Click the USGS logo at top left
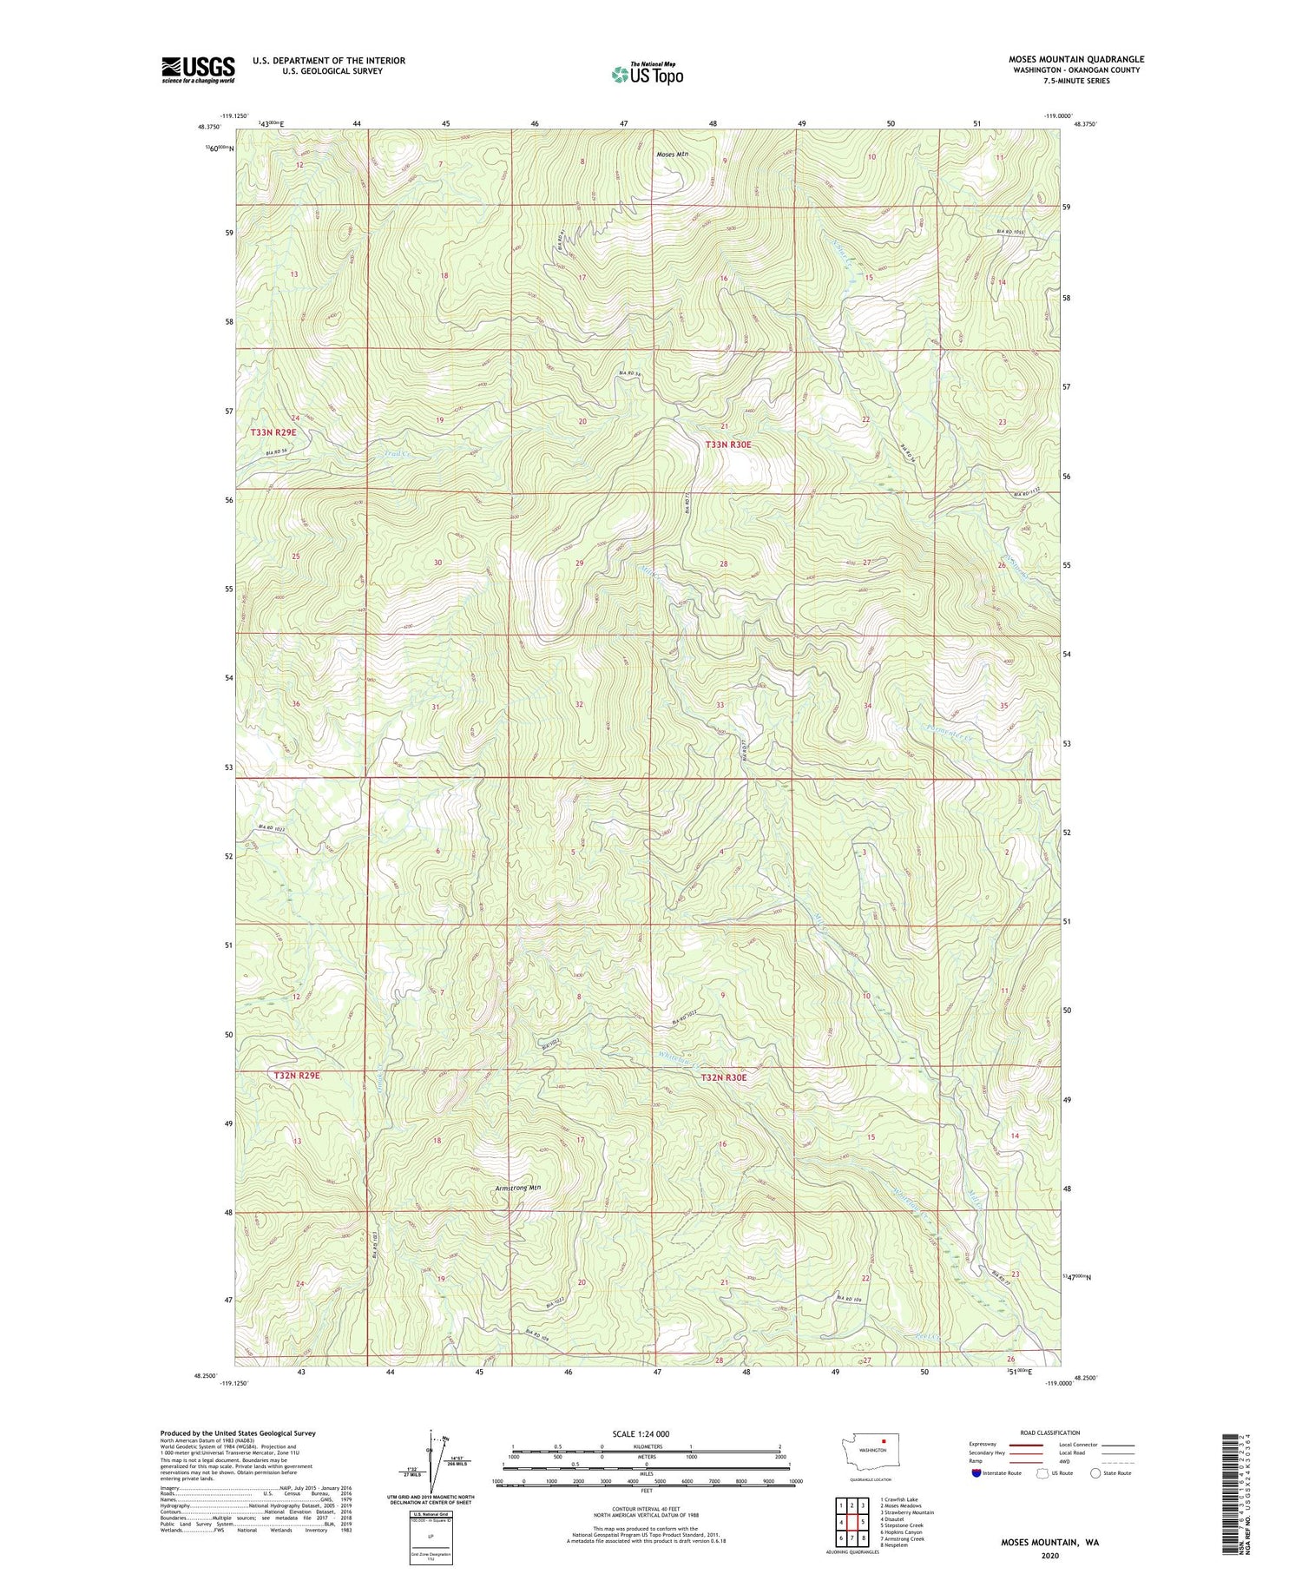tap(198, 69)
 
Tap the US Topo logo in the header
tap(647, 74)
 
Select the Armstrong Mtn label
tap(517, 1189)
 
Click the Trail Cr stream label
tap(394, 453)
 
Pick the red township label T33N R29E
tap(273, 431)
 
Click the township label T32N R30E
tap(724, 1077)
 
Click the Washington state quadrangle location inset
tap(872, 1455)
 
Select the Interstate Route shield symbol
tap(976, 1473)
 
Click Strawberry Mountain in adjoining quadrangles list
tap(907, 1512)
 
